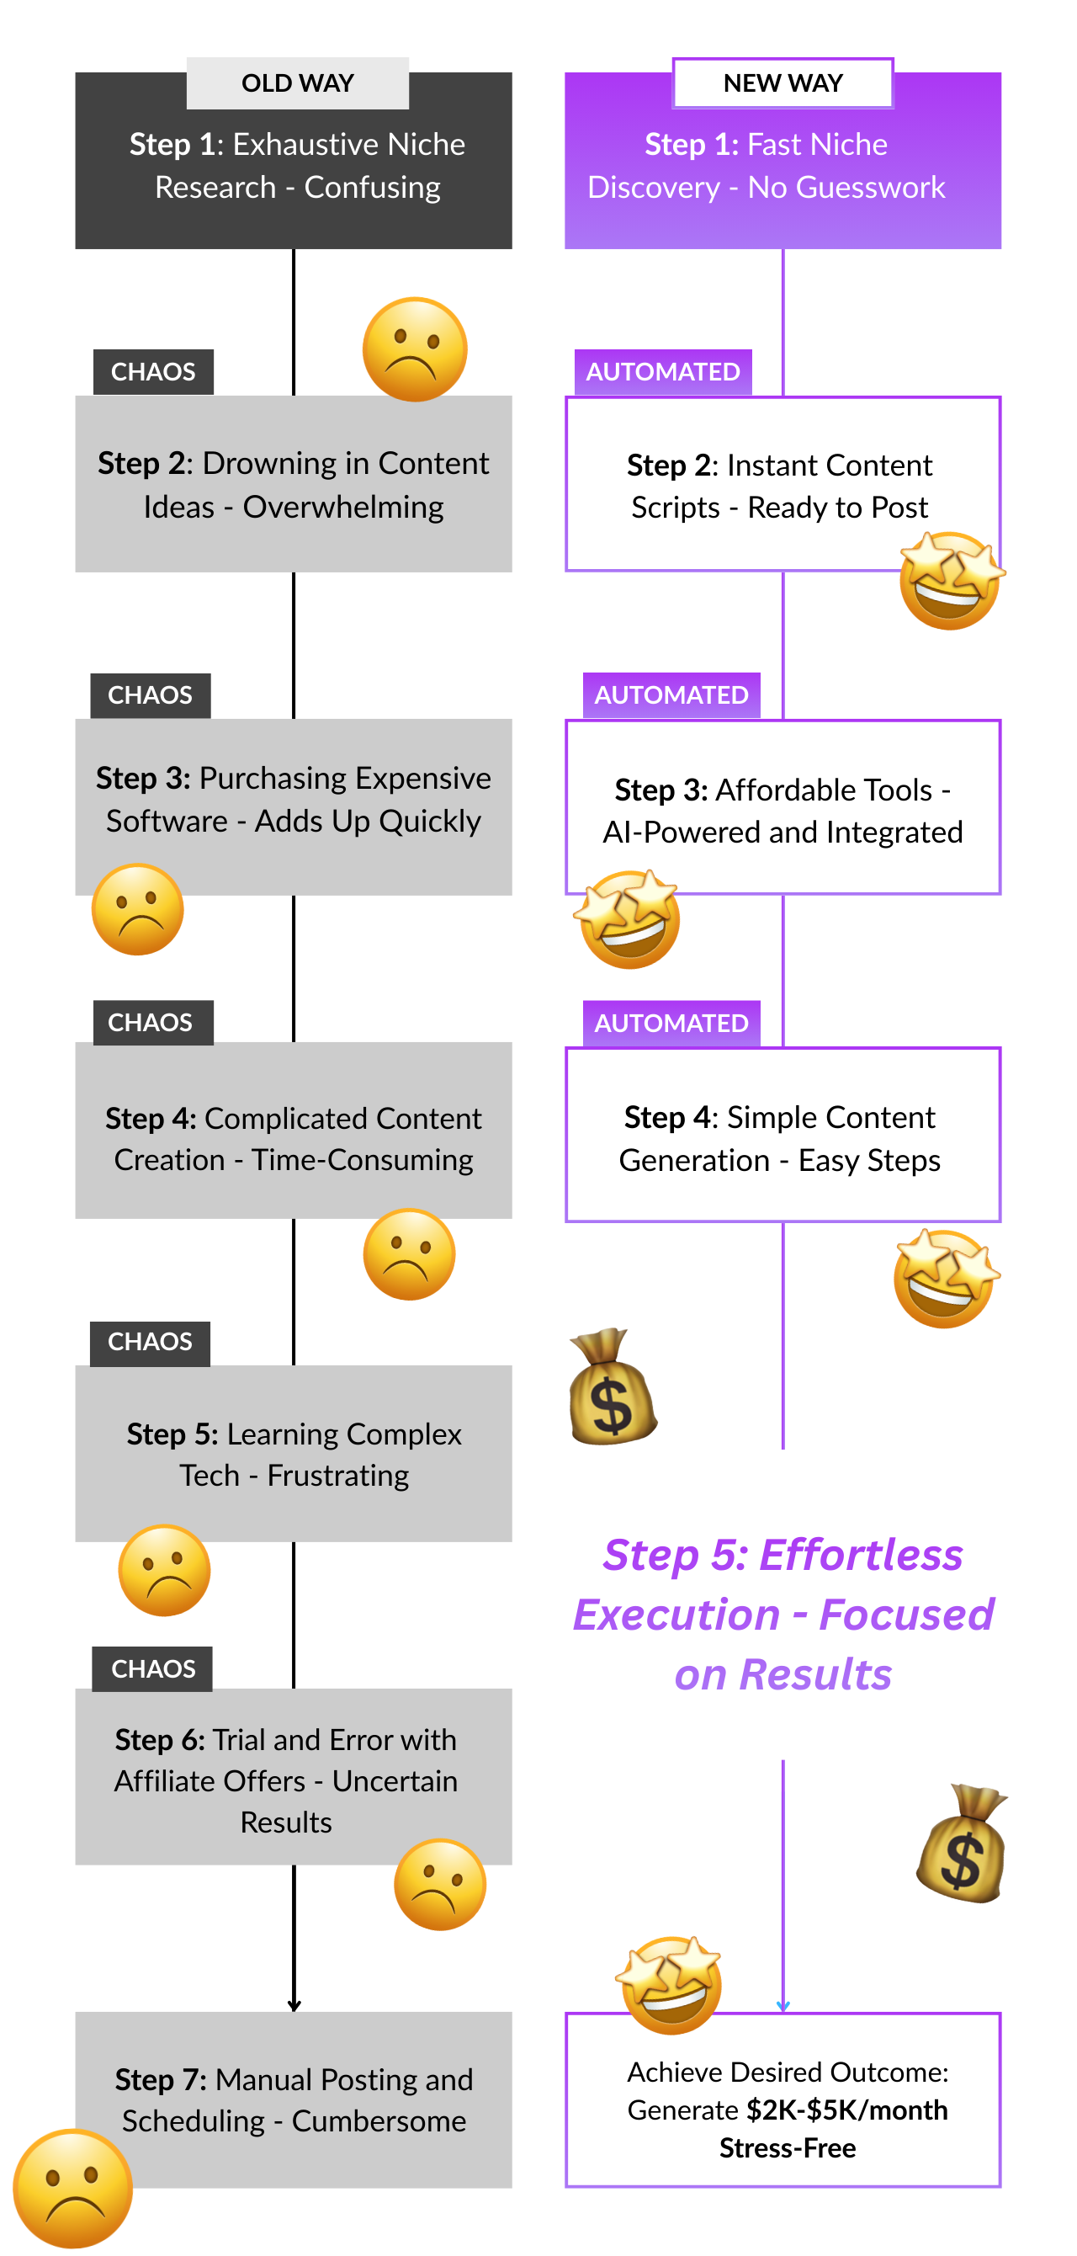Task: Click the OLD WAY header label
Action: [x=297, y=83]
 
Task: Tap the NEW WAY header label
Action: [x=782, y=83]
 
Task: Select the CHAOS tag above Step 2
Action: [x=153, y=371]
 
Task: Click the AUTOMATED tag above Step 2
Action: [x=663, y=371]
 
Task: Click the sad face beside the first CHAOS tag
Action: [x=414, y=349]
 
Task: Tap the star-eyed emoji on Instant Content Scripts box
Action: [x=951, y=580]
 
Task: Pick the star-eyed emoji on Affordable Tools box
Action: [x=629, y=918]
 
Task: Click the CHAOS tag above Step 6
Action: [x=153, y=1668]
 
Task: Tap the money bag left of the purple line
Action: [x=611, y=1386]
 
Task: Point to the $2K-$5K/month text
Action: [x=846, y=2110]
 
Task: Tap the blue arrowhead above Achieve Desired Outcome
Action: [x=783, y=2005]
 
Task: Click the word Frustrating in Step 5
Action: [x=338, y=1476]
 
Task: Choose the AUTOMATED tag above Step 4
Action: [x=671, y=1023]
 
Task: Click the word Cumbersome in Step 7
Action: [x=379, y=2121]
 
